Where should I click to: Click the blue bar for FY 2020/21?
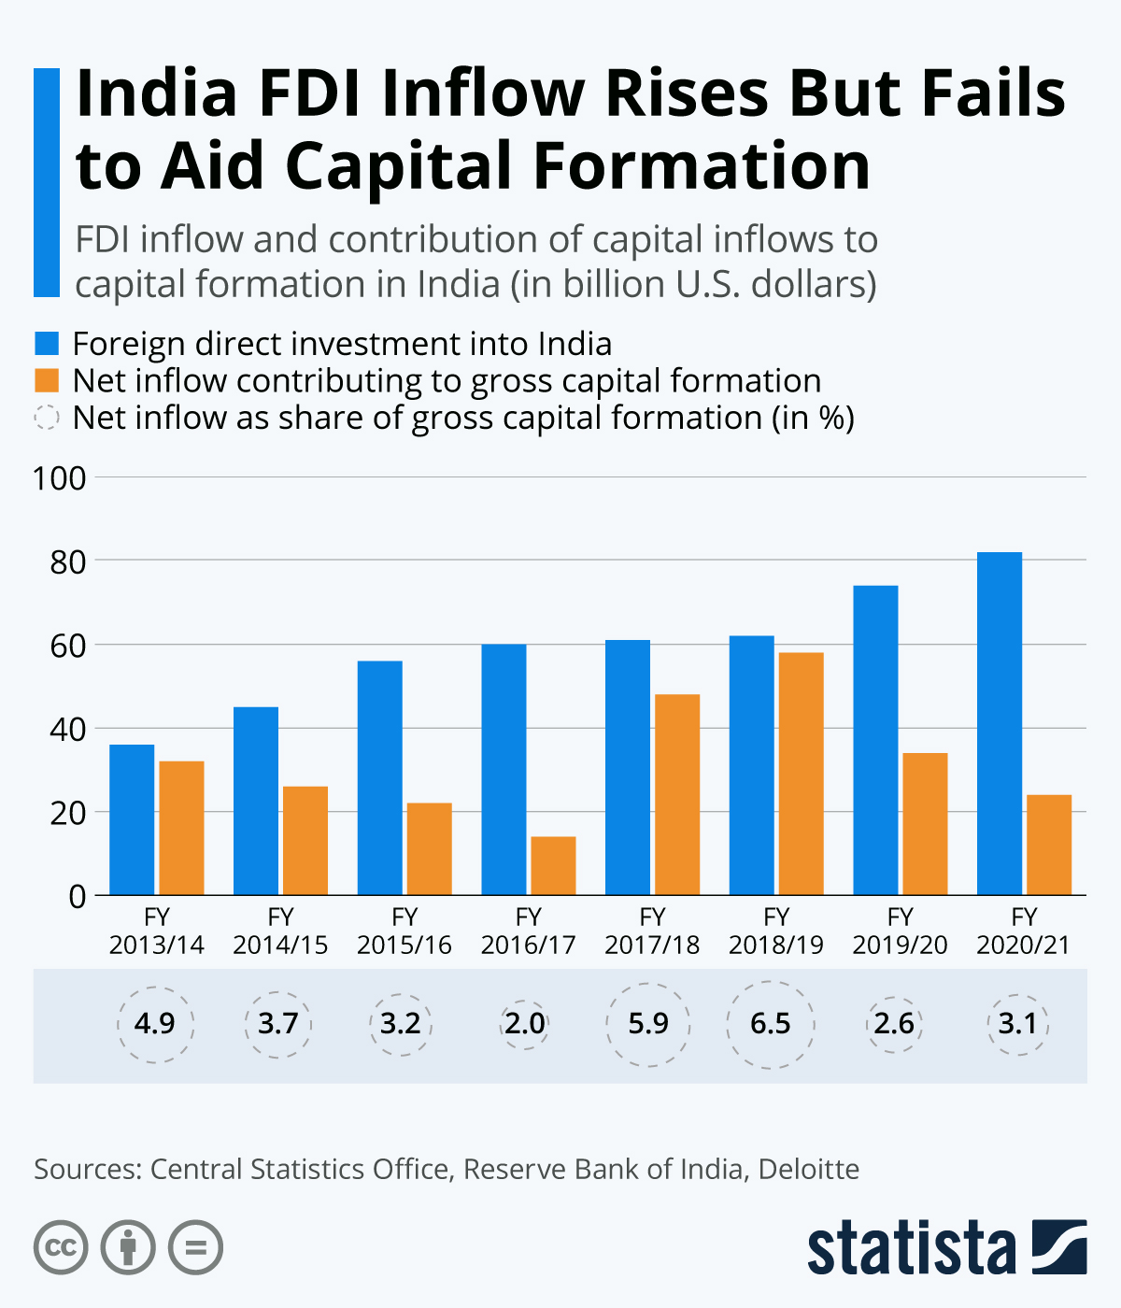[1000, 723]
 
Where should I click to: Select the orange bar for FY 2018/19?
[801, 774]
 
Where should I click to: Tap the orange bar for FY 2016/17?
[553, 865]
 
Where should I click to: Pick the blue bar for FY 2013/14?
[132, 819]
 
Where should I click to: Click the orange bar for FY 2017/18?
[677, 794]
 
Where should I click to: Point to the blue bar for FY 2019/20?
[875, 740]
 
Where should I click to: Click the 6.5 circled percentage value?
[771, 1024]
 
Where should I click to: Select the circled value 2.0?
[524, 1024]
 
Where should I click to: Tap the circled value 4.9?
[155, 1024]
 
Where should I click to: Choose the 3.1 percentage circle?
[1017, 1024]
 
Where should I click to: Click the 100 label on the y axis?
[60, 478]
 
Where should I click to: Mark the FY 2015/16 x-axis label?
[404, 931]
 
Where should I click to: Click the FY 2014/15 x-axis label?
[280, 931]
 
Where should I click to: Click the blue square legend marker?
[47, 343]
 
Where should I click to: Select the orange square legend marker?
[47, 380]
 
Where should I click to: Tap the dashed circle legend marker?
[47, 418]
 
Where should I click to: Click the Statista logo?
[946, 1247]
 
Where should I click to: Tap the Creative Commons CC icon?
[61, 1247]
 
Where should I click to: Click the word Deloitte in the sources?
[808, 1169]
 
